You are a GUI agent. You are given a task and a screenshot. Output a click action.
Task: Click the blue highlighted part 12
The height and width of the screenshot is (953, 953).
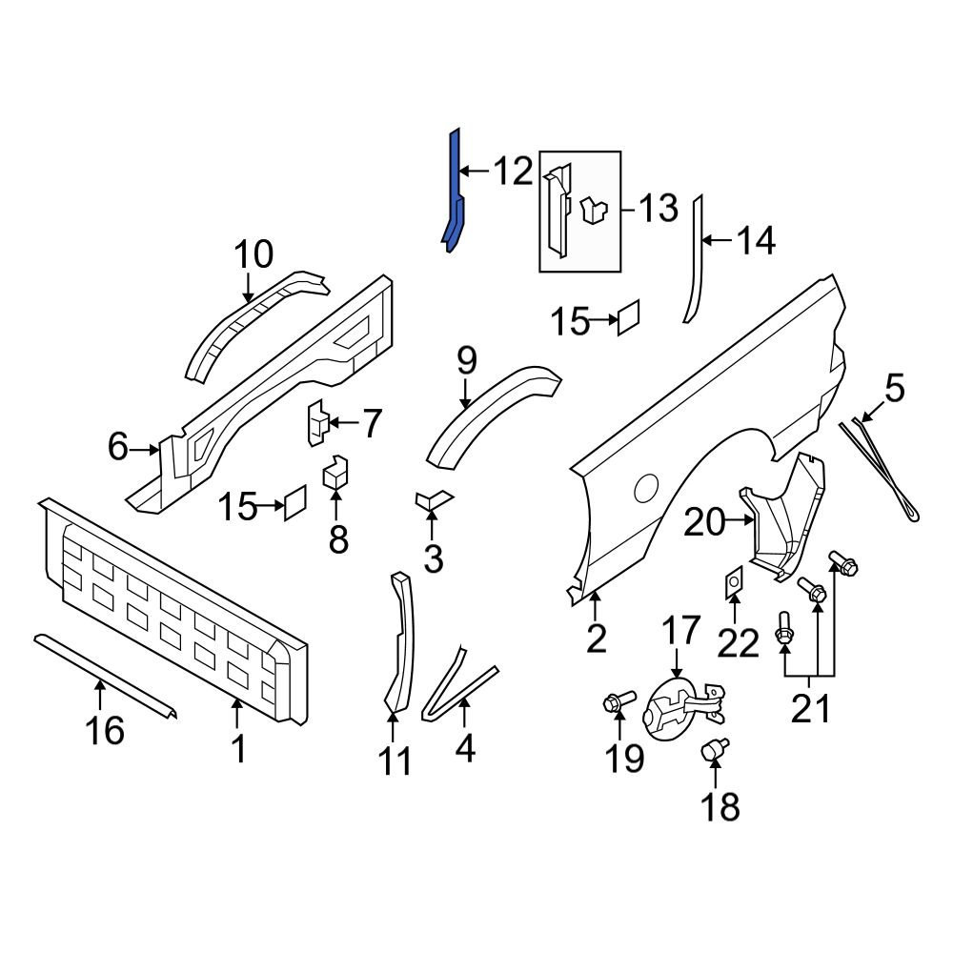(456, 191)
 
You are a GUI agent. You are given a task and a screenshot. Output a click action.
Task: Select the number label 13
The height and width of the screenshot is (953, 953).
(658, 208)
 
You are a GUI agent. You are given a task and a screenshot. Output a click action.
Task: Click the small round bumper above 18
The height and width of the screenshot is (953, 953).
(714, 751)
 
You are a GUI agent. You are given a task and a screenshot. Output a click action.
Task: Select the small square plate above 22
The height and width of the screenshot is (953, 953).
(731, 581)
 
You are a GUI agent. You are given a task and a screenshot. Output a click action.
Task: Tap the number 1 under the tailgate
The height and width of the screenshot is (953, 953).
(239, 748)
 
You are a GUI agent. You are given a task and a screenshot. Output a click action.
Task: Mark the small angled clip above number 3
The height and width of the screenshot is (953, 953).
(432, 498)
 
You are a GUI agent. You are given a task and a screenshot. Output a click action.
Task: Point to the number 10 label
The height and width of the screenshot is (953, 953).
(253, 254)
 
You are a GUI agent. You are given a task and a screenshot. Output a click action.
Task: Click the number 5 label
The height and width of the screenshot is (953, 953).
(894, 389)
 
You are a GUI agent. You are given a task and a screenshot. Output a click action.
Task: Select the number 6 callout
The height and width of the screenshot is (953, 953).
(117, 446)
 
